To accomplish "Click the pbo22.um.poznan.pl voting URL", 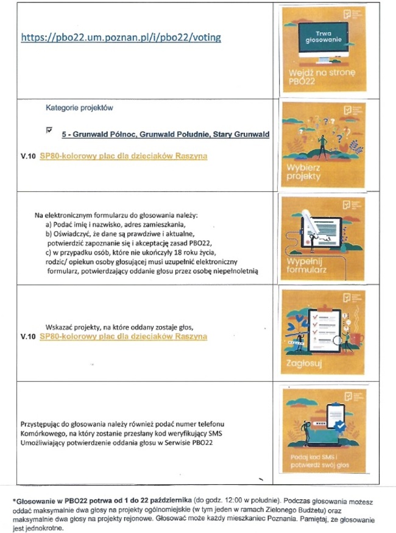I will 121,38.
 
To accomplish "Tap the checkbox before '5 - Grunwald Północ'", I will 49,130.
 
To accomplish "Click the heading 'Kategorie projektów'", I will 79,108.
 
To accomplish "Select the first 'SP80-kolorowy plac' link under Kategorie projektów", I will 123,157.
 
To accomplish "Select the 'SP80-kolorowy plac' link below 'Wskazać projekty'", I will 123,337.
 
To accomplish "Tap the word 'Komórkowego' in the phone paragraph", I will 44,432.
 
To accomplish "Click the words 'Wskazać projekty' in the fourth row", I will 76,327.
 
